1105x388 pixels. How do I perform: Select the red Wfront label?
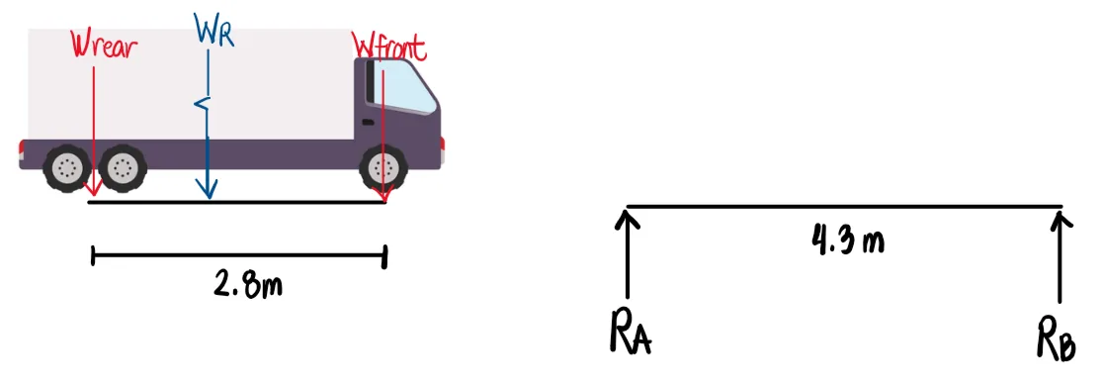click(x=391, y=46)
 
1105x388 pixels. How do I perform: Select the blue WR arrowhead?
click(x=208, y=191)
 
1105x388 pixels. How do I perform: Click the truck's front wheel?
click(x=382, y=168)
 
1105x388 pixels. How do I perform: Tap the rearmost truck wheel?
click(x=66, y=168)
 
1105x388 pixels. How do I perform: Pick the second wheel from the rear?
click(x=122, y=168)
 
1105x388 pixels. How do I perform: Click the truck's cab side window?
click(x=406, y=90)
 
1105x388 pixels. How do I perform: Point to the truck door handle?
click(x=368, y=122)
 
